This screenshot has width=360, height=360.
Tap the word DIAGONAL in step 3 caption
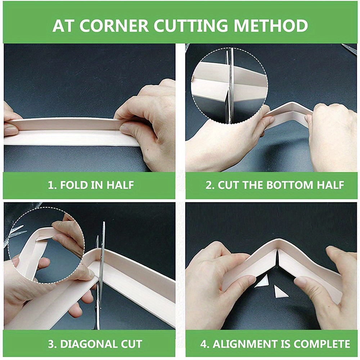tap(87, 344)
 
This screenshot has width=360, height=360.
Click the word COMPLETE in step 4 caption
tap(321, 344)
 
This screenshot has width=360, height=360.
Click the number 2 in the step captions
tap(208, 185)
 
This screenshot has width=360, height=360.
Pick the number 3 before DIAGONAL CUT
tap(51, 344)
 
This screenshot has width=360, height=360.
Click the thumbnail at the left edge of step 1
tap(10, 131)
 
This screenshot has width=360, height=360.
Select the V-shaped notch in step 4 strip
tap(277, 257)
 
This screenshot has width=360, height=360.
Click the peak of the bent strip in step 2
tap(291, 104)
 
